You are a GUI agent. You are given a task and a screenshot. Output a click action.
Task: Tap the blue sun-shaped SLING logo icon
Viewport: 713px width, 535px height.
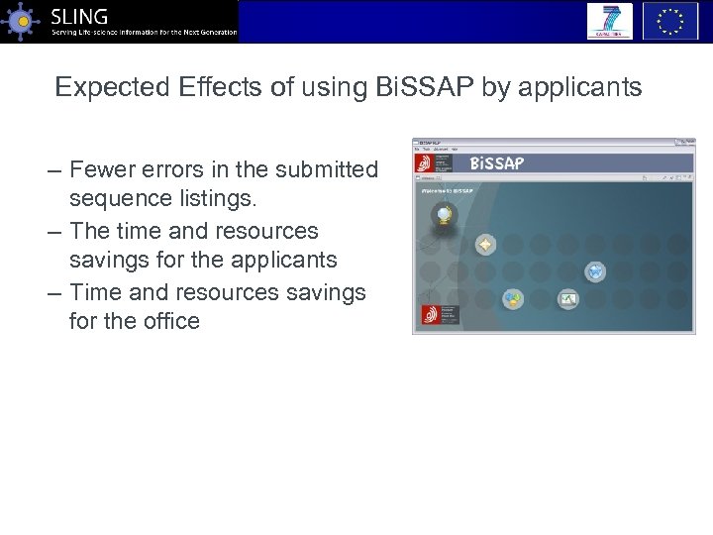(x=22, y=21)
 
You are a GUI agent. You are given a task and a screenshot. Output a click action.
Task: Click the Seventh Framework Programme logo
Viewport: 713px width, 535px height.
(x=609, y=21)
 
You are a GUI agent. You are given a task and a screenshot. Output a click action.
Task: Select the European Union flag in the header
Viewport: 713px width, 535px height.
(x=670, y=21)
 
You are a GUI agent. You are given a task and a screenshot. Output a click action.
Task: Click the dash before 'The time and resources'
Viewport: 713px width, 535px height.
(x=55, y=232)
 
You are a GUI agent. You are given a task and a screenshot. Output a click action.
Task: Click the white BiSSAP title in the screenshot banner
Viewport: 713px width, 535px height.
(x=496, y=163)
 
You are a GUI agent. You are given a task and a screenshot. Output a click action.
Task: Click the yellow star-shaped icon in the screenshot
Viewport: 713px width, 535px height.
(x=485, y=244)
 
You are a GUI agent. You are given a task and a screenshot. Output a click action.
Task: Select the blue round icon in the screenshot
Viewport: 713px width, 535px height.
(x=594, y=270)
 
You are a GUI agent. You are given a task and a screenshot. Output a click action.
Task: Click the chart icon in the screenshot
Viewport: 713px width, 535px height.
(x=567, y=298)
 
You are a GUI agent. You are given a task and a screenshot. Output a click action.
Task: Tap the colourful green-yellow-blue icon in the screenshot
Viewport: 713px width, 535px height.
(x=512, y=298)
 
